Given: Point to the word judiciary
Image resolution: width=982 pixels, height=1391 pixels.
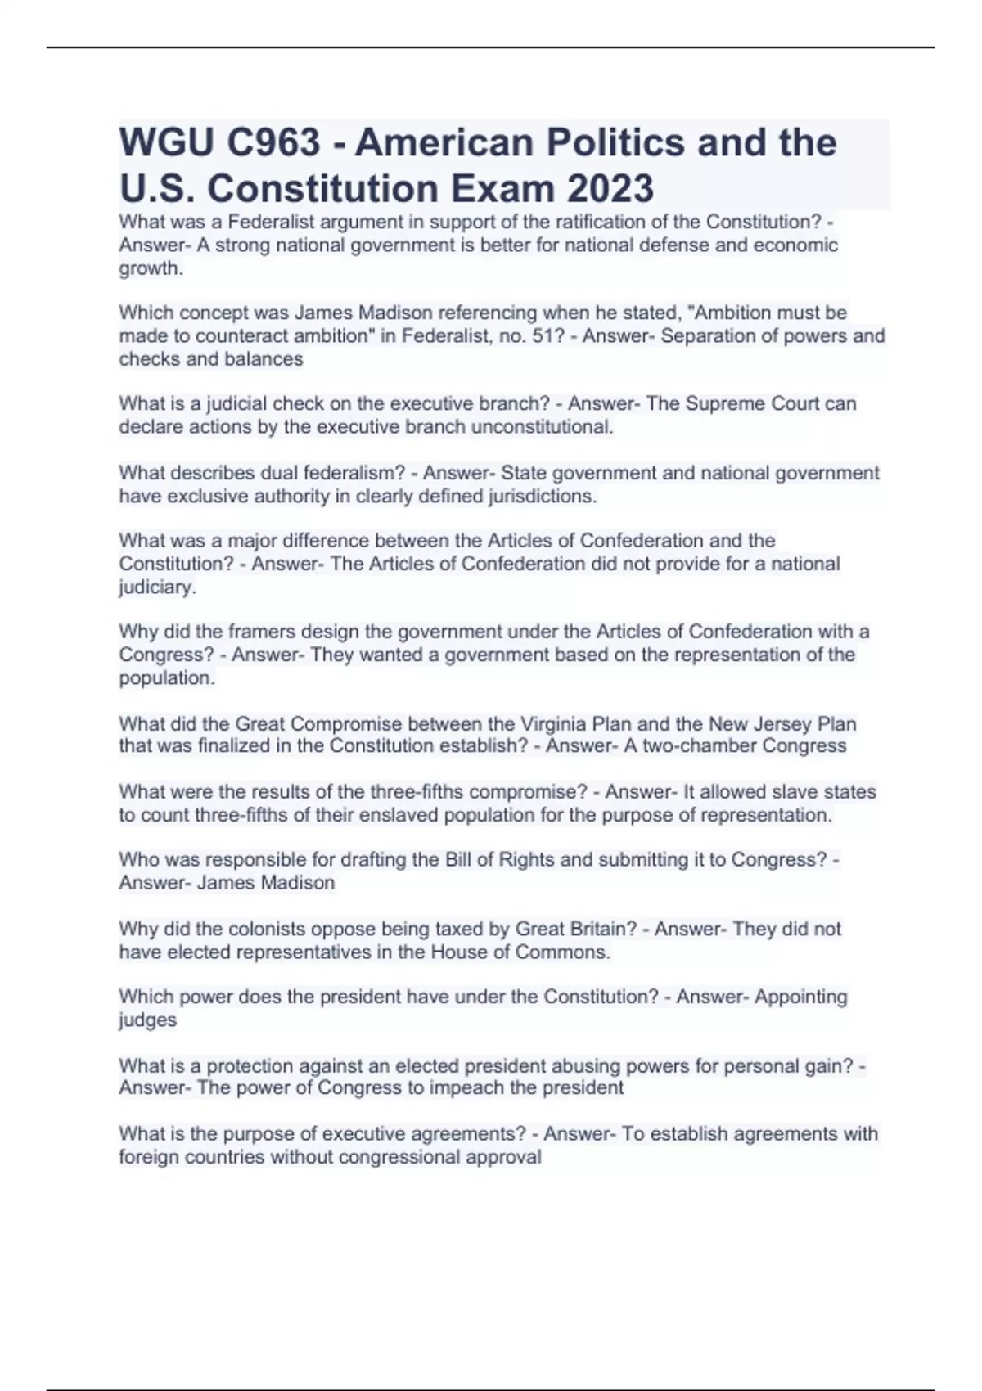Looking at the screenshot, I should point(157,587).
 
